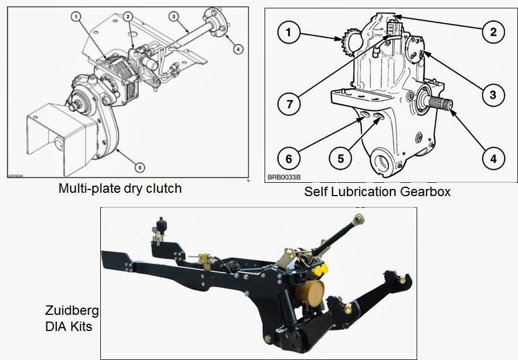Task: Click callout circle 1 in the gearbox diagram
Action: coord(289,32)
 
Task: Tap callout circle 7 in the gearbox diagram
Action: coord(289,103)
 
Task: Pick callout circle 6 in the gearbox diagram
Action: coord(289,158)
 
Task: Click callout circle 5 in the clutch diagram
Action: coord(140,166)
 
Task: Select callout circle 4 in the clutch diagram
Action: coord(238,49)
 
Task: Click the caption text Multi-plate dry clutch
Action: coord(120,188)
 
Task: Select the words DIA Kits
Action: coord(69,326)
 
